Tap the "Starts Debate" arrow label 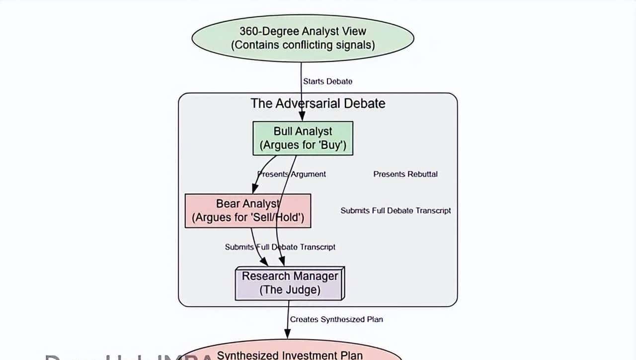click(328, 81)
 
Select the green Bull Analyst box click(303, 138)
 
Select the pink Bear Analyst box click(247, 211)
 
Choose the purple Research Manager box click(290, 283)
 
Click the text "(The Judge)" click(290, 290)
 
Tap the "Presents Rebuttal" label click(405, 174)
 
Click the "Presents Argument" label click(292, 174)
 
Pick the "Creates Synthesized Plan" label click(336, 319)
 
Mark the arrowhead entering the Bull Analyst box click(302, 117)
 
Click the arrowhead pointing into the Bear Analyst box click(255, 189)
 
